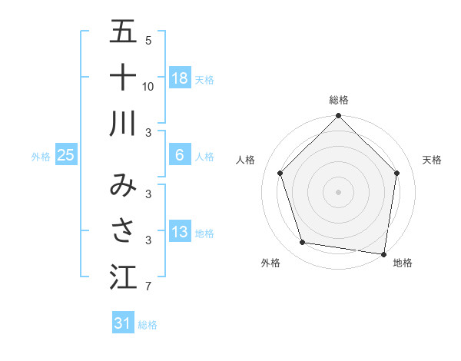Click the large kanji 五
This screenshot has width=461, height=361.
(x=123, y=33)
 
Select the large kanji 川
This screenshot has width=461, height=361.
(x=123, y=123)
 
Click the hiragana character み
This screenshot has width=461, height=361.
(x=123, y=185)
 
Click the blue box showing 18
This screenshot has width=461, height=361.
(x=180, y=78)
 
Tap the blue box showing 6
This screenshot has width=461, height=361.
(x=180, y=155)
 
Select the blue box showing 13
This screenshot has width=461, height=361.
(x=180, y=231)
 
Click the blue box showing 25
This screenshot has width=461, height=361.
(x=66, y=155)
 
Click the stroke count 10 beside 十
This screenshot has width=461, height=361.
(x=148, y=86)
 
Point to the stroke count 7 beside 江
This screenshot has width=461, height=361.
(x=148, y=287)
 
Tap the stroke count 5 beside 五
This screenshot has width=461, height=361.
(x=148, y=40)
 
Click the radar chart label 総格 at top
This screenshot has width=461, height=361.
(x=339, y=100)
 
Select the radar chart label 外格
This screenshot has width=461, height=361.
(x=270, y=263)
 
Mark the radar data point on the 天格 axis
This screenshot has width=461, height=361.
(x=397, y=173)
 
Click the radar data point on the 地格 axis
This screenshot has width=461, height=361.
(x=384, y=253)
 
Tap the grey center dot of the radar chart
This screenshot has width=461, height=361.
(x=339, y=191)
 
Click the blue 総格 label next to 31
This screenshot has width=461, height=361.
(x=148, y=325)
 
